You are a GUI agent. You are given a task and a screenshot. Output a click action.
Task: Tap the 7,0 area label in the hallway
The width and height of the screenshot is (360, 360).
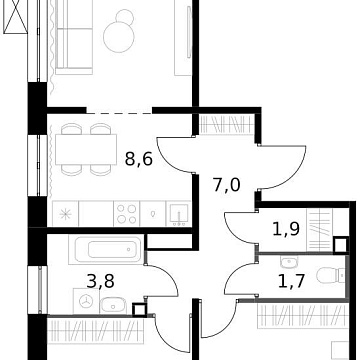click(x=227, y=184)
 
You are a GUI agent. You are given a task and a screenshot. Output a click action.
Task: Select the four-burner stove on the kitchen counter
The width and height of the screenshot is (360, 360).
click(x=127, y=212)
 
